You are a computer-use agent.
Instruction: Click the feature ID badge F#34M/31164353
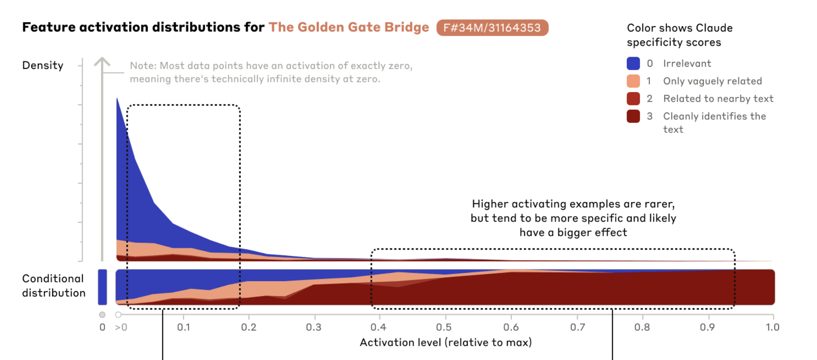pos(492,28)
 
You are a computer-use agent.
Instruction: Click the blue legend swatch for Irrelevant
pos(633,64)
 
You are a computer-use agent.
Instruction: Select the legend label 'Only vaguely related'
pos(712,81)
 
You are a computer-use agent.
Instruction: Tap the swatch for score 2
pos(633,99)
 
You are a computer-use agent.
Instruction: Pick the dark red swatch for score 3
pos(633,116)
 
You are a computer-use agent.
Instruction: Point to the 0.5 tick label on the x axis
pos(444,327)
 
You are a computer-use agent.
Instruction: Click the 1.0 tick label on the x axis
pos(772,327)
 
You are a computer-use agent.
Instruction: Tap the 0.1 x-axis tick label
pos(183,327)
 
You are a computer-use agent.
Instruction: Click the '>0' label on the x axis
pos(121,327)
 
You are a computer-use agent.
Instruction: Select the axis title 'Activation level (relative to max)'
pos(446,343)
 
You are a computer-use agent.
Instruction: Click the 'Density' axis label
pos(43,65)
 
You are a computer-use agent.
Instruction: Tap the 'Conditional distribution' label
pos(54,286)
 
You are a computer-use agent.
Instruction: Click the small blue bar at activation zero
pos(102,287)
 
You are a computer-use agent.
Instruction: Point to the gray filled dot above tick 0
pos(102,315)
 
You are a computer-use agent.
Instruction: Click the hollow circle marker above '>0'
pos(118,315)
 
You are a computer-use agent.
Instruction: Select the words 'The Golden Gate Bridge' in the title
pos(348,27)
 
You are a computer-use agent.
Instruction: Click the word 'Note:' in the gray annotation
pos(143,66)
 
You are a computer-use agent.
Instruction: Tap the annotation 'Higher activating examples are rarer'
pos(573,204)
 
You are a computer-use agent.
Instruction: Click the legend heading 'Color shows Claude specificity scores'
pos(679,35)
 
